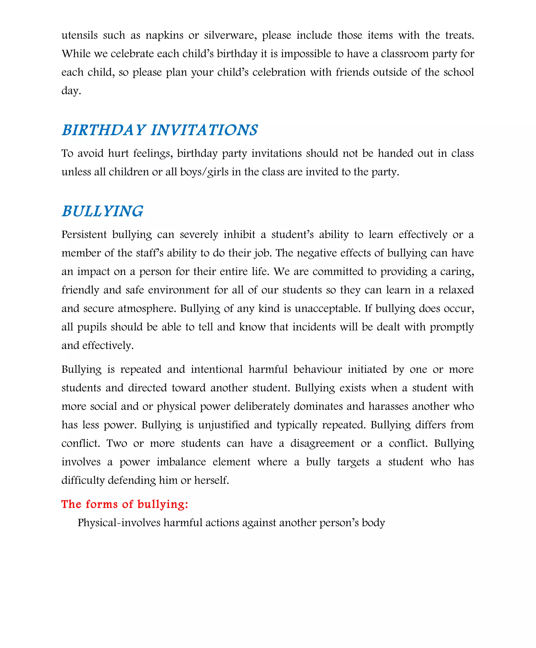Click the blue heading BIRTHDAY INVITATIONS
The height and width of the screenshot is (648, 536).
point(160,130)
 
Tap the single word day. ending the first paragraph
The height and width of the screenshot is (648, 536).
point(71,91)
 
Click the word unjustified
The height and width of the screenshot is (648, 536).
point(224,425)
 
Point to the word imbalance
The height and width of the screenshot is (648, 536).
point(181,462)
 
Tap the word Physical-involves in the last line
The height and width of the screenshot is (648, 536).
point(119,522)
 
